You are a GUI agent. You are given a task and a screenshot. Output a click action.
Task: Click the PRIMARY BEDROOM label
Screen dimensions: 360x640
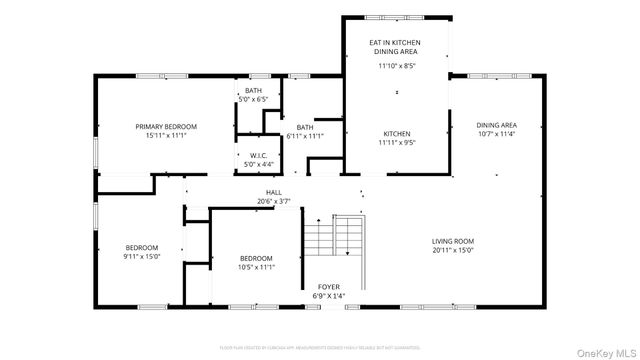166,126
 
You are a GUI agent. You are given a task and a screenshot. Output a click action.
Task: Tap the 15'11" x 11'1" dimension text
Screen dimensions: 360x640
166,135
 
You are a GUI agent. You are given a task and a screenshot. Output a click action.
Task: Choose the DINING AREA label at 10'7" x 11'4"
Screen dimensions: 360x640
496,125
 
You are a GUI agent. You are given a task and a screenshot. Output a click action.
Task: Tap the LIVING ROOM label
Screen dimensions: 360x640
453,241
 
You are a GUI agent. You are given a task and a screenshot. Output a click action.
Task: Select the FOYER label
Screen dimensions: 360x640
330,287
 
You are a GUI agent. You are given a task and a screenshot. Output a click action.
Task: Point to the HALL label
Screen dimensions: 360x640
273,192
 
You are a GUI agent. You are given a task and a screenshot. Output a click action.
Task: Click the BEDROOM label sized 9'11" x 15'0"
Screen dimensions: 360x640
141,247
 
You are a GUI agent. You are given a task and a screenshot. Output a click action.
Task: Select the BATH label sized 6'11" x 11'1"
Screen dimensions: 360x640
305,127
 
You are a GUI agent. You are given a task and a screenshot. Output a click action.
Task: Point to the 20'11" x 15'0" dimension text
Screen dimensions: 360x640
453,250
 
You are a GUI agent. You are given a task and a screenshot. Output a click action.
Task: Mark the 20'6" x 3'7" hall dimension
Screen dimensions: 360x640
273,201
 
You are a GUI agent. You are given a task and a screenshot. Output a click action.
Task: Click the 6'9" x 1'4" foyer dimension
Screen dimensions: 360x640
330,296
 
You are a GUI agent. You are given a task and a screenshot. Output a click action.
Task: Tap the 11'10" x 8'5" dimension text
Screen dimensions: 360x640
397,66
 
